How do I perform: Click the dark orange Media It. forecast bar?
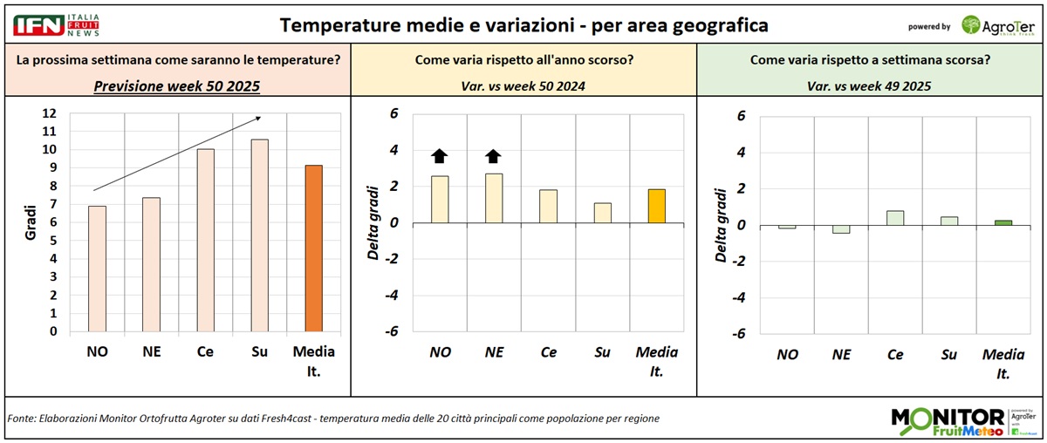[313, 249]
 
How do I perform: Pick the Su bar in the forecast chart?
[260, 235]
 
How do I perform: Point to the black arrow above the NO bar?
[439, 156]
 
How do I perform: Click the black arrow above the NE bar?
[493, 156]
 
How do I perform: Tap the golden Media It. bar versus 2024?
[656, 206]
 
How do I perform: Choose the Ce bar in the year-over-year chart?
[548, 206]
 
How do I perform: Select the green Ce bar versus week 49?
[893, 217]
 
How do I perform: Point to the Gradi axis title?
[30, 221]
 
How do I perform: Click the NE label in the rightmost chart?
[841, 355]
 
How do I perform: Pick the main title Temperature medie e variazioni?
[523, 25]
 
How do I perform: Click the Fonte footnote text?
[332, 419]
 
